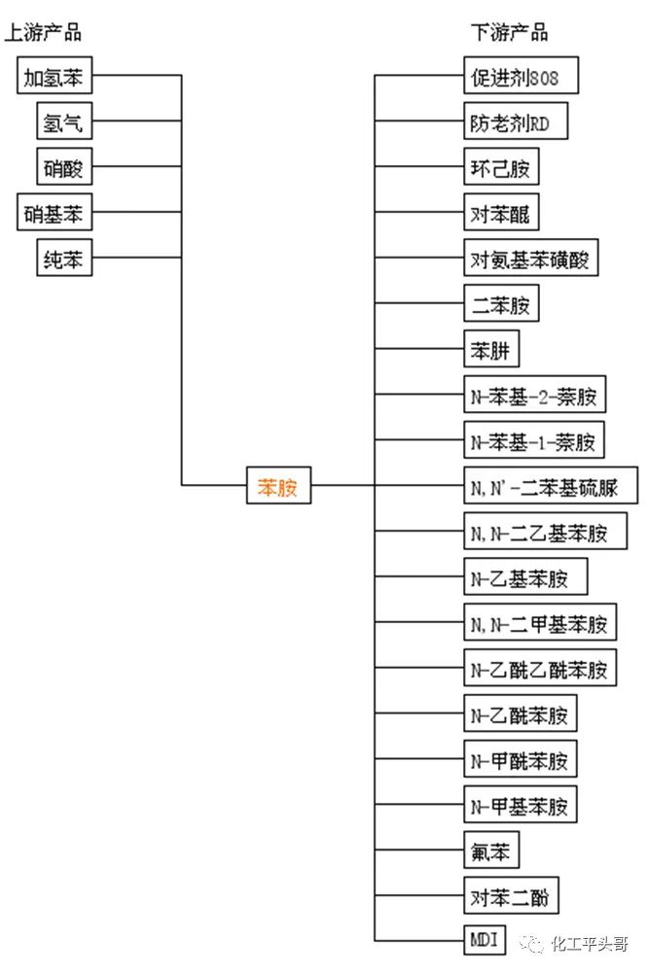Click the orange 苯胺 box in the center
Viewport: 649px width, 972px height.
pos(278,486)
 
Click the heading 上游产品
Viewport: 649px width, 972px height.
pos(45,33)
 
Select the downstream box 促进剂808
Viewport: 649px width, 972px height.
pos(521,76)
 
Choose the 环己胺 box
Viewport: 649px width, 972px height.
pos(500,167)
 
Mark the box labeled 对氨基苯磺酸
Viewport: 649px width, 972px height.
pos(529,259)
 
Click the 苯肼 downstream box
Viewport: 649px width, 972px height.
pos(490,350)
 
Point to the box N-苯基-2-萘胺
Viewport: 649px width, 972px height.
pos(533,396)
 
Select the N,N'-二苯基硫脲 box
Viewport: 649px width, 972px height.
pos(551,486)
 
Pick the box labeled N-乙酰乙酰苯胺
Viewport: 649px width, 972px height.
pos(539,670)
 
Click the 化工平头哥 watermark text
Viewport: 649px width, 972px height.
pos(589,943)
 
